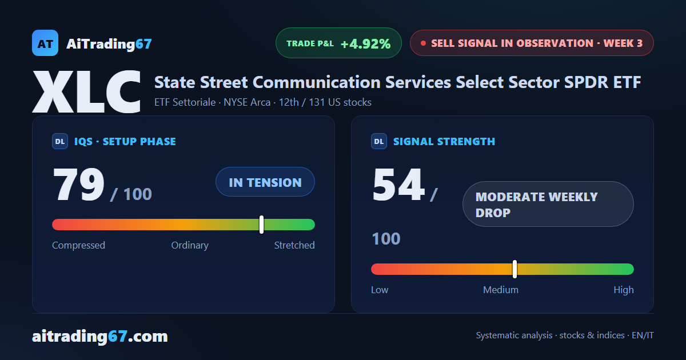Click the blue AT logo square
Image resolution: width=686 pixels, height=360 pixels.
point(45,43)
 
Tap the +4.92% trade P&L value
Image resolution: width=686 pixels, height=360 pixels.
point(366,44)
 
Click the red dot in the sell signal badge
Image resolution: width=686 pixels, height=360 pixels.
point(423,43)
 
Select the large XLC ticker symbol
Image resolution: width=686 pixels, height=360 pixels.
point(86,91)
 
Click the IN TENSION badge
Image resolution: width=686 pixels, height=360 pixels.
point(265,182)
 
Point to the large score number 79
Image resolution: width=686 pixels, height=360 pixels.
point(79,184)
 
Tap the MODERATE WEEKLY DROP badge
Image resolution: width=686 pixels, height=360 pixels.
point(548,204)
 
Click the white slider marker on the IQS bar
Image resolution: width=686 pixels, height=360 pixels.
point(262,225)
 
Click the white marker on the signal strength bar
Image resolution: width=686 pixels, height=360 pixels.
point(515,269)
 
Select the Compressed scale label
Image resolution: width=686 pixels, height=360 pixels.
point(78,245)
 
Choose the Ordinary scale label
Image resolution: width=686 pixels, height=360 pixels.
point(190,245)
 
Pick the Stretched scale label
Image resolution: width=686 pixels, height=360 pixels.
point(294,245)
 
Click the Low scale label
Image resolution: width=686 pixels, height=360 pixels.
point(380,290)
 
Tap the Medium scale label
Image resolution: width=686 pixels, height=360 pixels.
point(501,290)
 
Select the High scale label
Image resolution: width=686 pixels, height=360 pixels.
point(624,290)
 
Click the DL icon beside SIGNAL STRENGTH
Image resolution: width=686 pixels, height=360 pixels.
point(379,142)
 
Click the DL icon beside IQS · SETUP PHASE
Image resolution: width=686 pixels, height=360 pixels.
point(60,142)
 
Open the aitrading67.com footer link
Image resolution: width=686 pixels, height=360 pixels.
point(100,336)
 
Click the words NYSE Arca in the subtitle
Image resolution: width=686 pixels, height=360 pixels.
point(247,102)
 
